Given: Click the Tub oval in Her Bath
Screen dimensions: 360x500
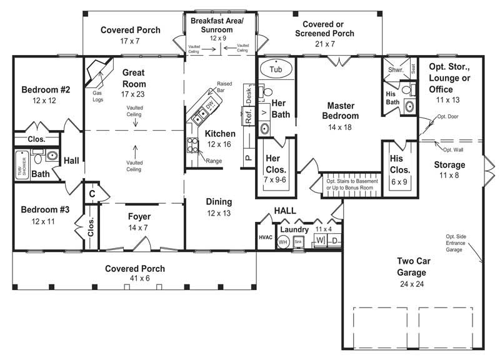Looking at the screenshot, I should [x=276, y=68].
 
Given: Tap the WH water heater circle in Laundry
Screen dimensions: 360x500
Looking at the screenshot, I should [x=282, y=241].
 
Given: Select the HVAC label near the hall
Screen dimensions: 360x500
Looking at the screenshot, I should [x=266, y=238].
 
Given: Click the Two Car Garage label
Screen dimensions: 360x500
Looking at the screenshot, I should [x=411, y=266].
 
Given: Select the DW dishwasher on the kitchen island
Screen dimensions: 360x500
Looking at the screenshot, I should [x=211, y=104].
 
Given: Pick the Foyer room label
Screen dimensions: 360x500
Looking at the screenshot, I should [x=139, y=217].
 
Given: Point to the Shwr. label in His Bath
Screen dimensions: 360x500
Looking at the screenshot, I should [x=394, y=71].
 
